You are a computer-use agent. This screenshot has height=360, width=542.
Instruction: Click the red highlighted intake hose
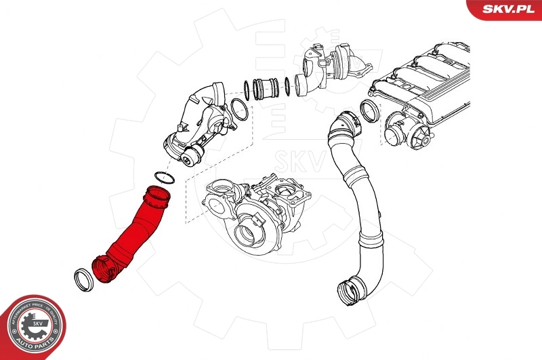point(132,231)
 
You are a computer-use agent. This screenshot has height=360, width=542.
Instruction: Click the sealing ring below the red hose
point(83,279)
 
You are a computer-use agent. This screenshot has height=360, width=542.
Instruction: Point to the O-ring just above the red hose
point(163,179)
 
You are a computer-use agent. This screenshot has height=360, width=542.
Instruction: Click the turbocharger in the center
point(254,210)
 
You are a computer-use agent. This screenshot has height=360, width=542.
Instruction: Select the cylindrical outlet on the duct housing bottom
point(192,157)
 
